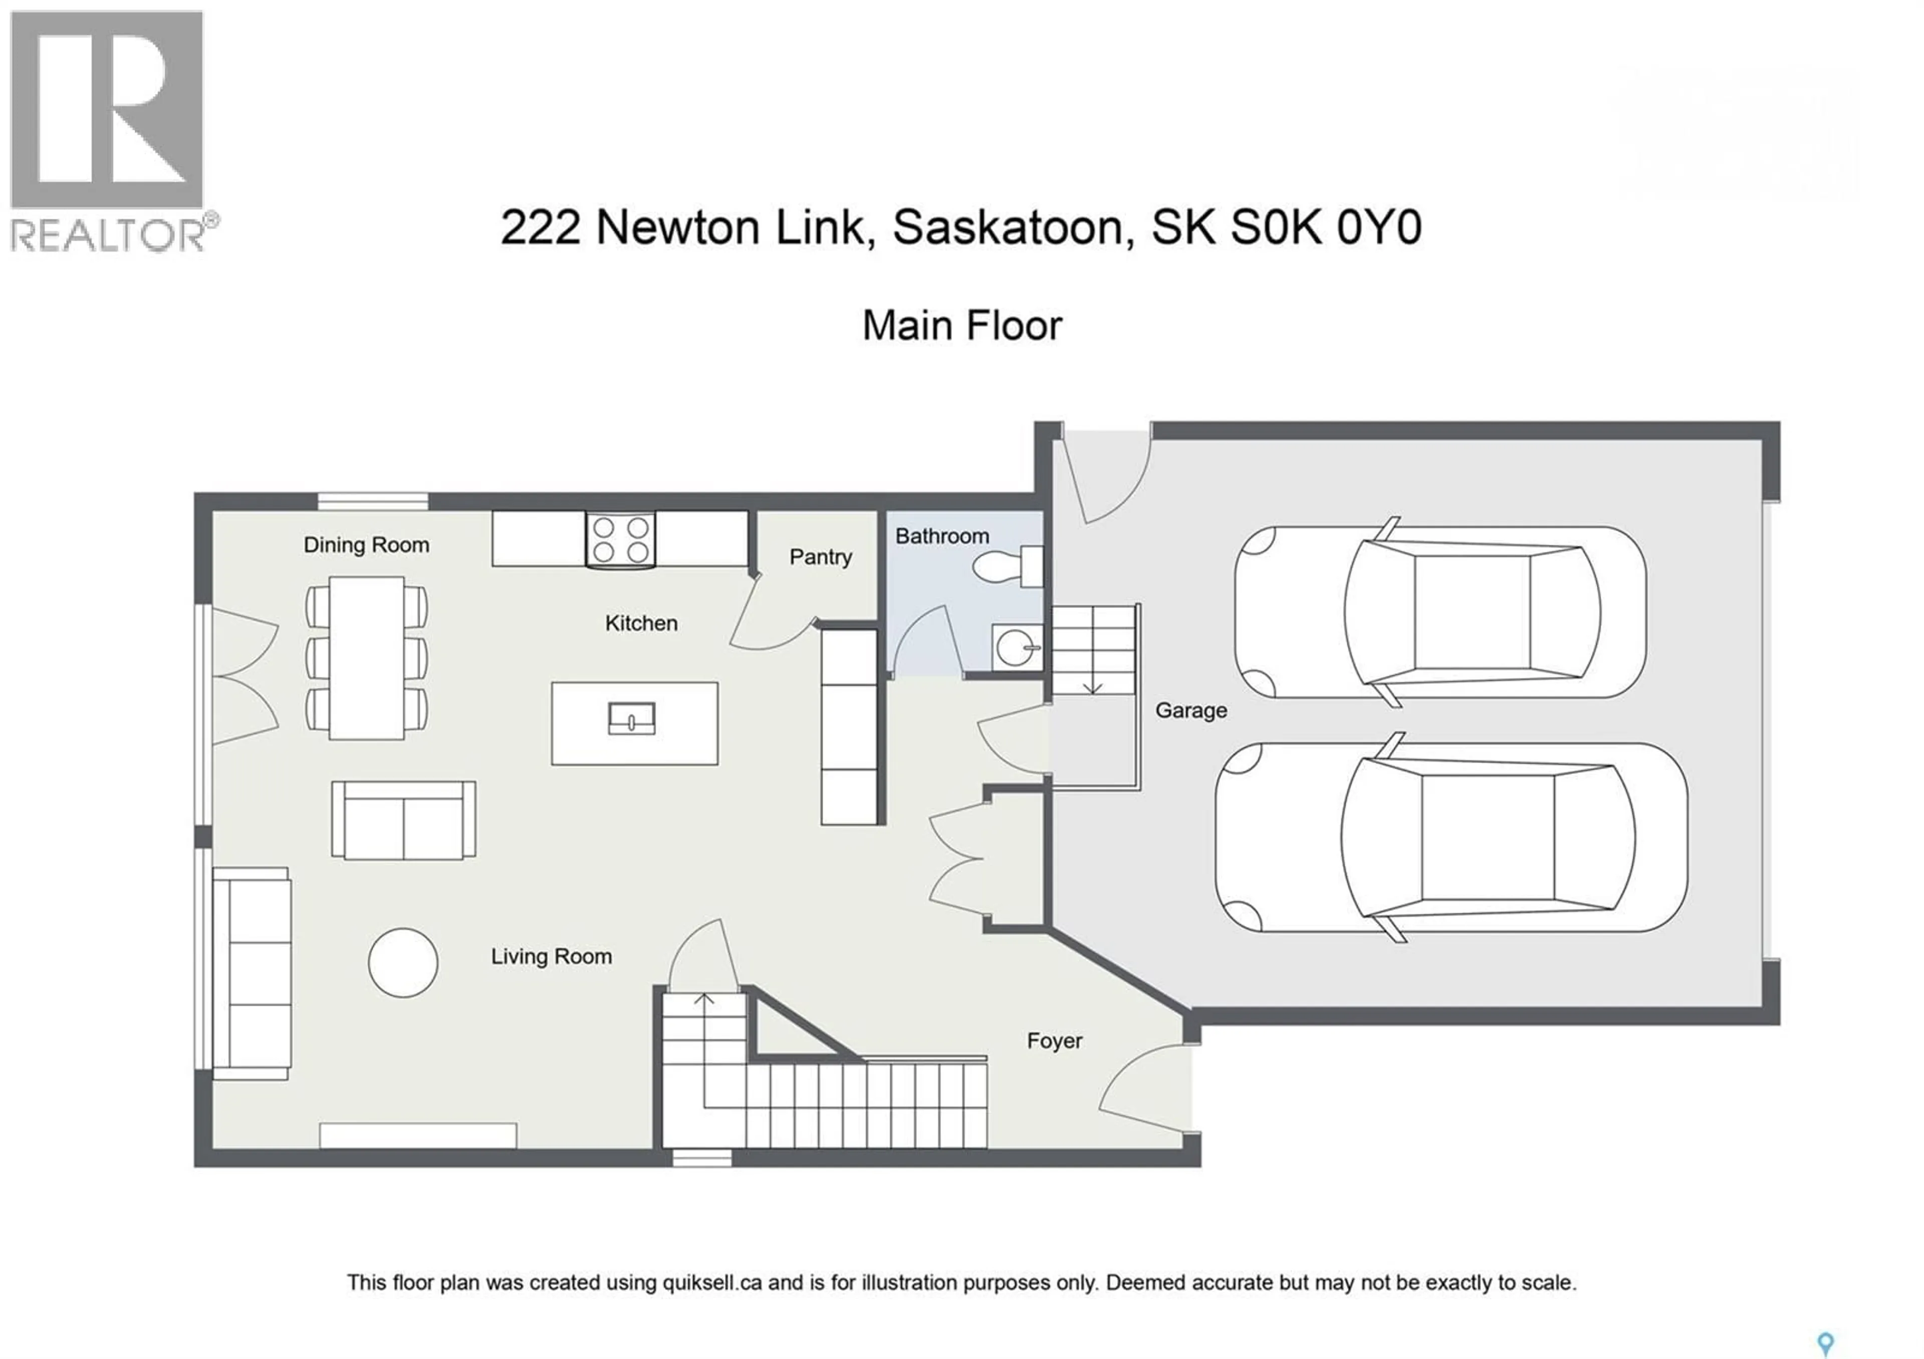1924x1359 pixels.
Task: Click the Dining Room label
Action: pyautogui.click(x=366, y=545)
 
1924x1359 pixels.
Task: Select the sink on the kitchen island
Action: pyautogui.click(x=631, y=719)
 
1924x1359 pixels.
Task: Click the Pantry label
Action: pyautogui.click(x=820, y=557)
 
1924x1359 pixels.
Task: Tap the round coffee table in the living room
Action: pyautogui.click(x=403, y=963)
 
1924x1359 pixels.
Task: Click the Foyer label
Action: pyautogui.click(x=1054, y=1041)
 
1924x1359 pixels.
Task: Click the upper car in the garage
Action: pyautogui.click(x=1439, y=612)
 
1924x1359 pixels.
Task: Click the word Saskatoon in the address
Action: pyautogui.click(x=1007, y=228)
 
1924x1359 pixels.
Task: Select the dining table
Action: pyautogui.click(x=366, y=658)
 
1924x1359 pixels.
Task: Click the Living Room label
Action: pyautogui.click(x=551, y=957)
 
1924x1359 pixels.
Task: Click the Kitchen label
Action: pyautogui.click(x=641, y=623)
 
